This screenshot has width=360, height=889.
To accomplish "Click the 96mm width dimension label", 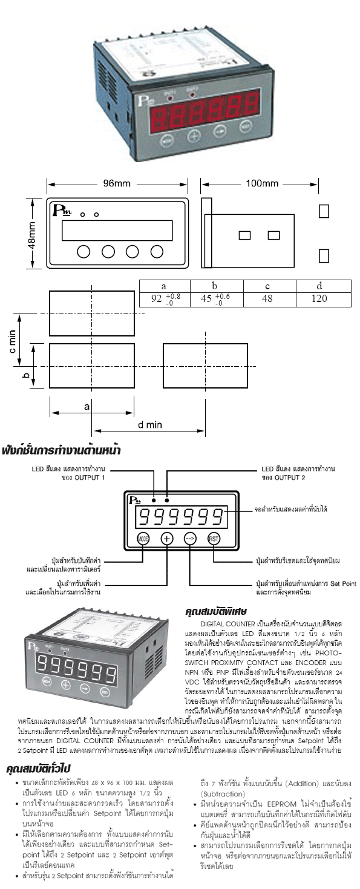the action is [117, 183].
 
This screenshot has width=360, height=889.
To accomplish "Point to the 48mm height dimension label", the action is [31, 233].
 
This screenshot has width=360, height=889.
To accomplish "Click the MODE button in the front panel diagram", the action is [143, 539].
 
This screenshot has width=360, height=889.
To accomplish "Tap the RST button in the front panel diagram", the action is [214, 539].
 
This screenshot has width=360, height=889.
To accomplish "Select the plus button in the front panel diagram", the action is [167, 539].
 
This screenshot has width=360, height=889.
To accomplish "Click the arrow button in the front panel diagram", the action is [190, 539].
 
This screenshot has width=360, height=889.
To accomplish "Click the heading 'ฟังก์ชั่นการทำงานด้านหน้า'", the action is [61, 450].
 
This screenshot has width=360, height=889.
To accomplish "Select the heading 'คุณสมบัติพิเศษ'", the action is [215, 613].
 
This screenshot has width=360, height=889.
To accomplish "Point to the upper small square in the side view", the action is [324, 211].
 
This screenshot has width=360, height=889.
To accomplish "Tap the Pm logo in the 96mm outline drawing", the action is [62, 211].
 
